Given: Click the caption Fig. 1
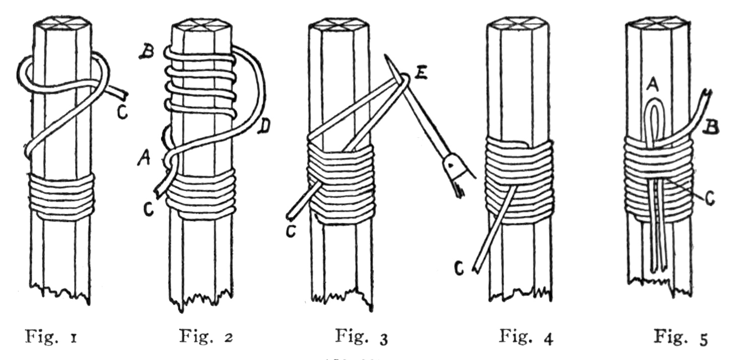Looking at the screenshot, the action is click(x=52, y=336).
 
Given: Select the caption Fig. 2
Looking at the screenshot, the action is click(x=206, y=336).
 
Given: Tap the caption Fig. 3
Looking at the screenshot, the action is click(x=361, y=337).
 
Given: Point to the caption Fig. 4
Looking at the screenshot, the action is click(x=526, y=337).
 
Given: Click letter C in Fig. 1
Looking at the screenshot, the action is click(x=122, y=113).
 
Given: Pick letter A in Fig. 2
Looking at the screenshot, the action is click(x=144, y=159).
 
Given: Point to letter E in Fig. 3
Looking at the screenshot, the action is click(x=420, y=73).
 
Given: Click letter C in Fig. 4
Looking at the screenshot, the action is click(x=459, y=269).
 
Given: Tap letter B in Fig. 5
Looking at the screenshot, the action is click(x=711, y=128).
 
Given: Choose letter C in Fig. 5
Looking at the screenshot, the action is click(x=710, y=199).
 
